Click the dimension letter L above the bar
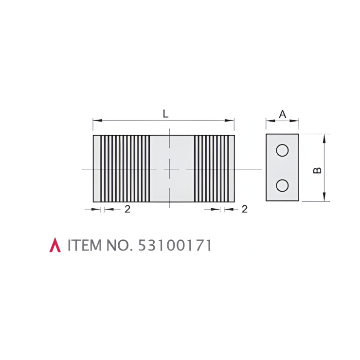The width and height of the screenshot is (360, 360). [165, 114]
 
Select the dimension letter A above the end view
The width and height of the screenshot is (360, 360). [283, 114]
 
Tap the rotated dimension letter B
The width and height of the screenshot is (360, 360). [317, 170]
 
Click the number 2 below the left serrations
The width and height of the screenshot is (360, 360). [127, 209]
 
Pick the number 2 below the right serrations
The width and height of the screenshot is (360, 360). [245, 209]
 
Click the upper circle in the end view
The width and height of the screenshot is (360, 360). [282, 150]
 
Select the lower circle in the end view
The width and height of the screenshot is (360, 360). [282, 185]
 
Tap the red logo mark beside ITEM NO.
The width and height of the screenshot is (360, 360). [55, 245]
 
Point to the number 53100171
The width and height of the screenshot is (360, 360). [175, 245]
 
